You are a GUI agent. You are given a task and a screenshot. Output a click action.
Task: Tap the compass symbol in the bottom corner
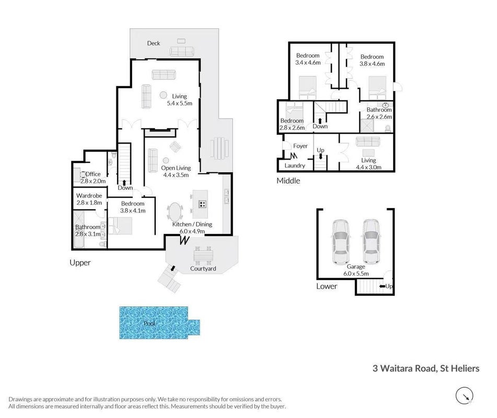click(465, 396)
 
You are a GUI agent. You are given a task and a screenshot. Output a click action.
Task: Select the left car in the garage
click(341, 241)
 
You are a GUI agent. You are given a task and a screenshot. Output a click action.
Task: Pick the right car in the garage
click(371, 241)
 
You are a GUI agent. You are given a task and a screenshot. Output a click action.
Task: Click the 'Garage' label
click(356, 266)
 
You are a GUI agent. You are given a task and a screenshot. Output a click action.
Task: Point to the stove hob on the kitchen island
click(203, 204)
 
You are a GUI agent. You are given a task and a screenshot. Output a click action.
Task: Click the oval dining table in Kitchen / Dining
click(175, 212)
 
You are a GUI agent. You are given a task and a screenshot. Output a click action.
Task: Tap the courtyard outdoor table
click(203, 255)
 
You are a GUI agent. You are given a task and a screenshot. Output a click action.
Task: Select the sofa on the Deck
click(182, 51)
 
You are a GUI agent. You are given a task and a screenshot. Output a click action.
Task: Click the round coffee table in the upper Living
click(163, 95)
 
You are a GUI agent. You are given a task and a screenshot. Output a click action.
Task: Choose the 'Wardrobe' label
click(89, 195)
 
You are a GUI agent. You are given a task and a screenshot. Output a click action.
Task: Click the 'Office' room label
click(93, 174)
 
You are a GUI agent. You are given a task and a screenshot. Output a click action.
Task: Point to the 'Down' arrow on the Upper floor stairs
click(124, 182)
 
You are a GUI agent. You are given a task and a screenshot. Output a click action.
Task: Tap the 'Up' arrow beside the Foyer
click(320, 156)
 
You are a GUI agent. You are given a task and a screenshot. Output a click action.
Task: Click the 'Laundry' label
click(295, 166)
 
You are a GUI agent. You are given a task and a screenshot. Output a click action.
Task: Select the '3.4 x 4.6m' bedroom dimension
click(308, 62)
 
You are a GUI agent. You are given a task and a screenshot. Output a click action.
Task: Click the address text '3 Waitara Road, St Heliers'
click(426, 368)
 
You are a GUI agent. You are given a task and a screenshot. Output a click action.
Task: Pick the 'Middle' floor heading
click(288, 181)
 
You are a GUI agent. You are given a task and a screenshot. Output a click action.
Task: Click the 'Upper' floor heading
click(80, 263)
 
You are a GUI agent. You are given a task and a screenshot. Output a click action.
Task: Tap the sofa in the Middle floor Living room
click(368, 142)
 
